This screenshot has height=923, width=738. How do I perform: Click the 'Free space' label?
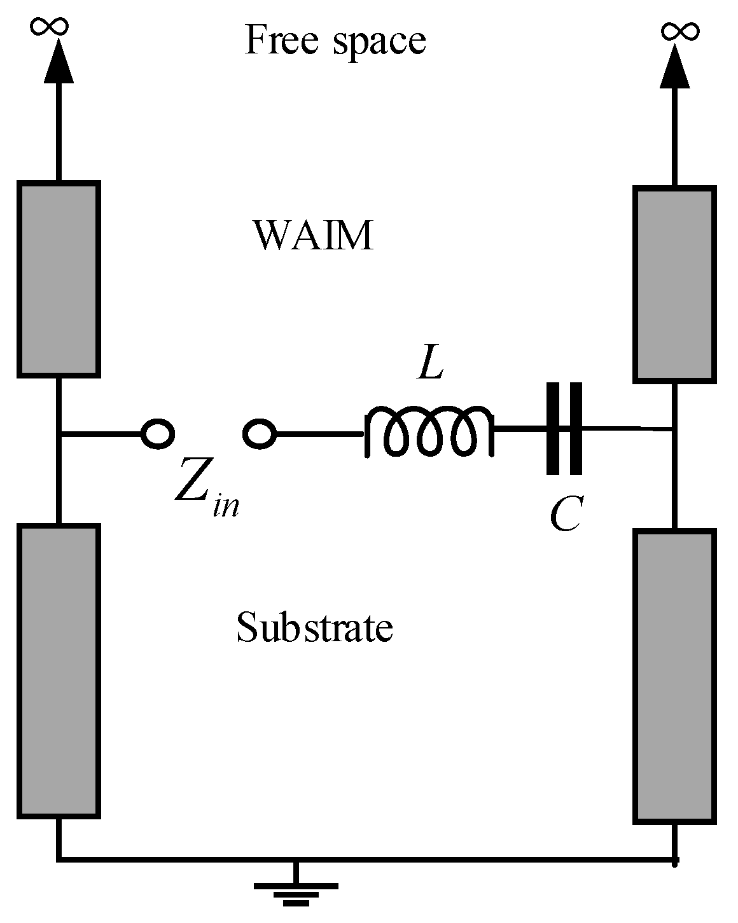click(335, 41)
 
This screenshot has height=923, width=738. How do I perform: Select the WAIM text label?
click(313, 236)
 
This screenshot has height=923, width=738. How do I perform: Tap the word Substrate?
click(314, 627)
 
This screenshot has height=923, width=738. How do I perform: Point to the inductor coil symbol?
click(428, 432)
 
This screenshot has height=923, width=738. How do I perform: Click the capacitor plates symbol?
click(564, 428)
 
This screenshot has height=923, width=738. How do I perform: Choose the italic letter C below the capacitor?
click(565, 515)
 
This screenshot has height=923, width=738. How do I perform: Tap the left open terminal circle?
click(157, 434)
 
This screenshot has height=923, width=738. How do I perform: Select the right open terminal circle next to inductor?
click(260, 434)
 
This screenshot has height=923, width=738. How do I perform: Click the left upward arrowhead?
click(59, 62)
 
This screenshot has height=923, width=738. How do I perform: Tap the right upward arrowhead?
click(674, 66)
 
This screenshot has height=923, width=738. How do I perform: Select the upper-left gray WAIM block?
click(59, 279)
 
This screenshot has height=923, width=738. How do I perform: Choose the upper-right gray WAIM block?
click(674, 284)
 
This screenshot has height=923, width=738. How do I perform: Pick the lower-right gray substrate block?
click(674, 676)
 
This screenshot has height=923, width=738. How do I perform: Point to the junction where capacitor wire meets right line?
click(674, 430)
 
